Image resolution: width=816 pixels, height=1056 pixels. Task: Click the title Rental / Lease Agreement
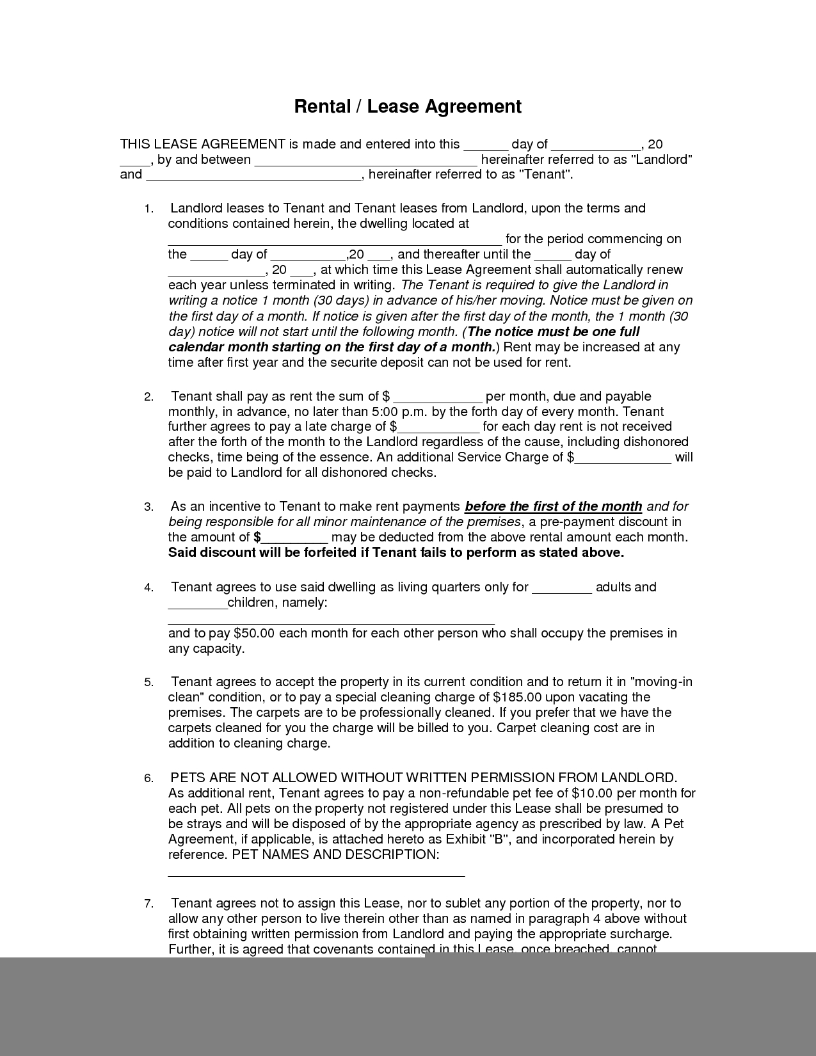coord(408,106)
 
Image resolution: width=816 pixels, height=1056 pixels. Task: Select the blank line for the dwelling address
coord(335,240)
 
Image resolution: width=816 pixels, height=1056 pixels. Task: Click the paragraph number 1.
coord(148,209)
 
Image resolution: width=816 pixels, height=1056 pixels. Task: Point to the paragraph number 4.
coord(148,588)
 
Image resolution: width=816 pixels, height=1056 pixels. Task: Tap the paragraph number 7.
coord(148,904)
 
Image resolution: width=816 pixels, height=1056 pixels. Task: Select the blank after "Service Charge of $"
coord(623,458)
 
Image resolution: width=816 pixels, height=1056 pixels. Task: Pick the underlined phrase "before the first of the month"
coord(553,506)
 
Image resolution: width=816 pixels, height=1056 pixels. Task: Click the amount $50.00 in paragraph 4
coord(254,634)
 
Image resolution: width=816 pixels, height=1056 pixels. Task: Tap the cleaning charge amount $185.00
coord(518,697)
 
